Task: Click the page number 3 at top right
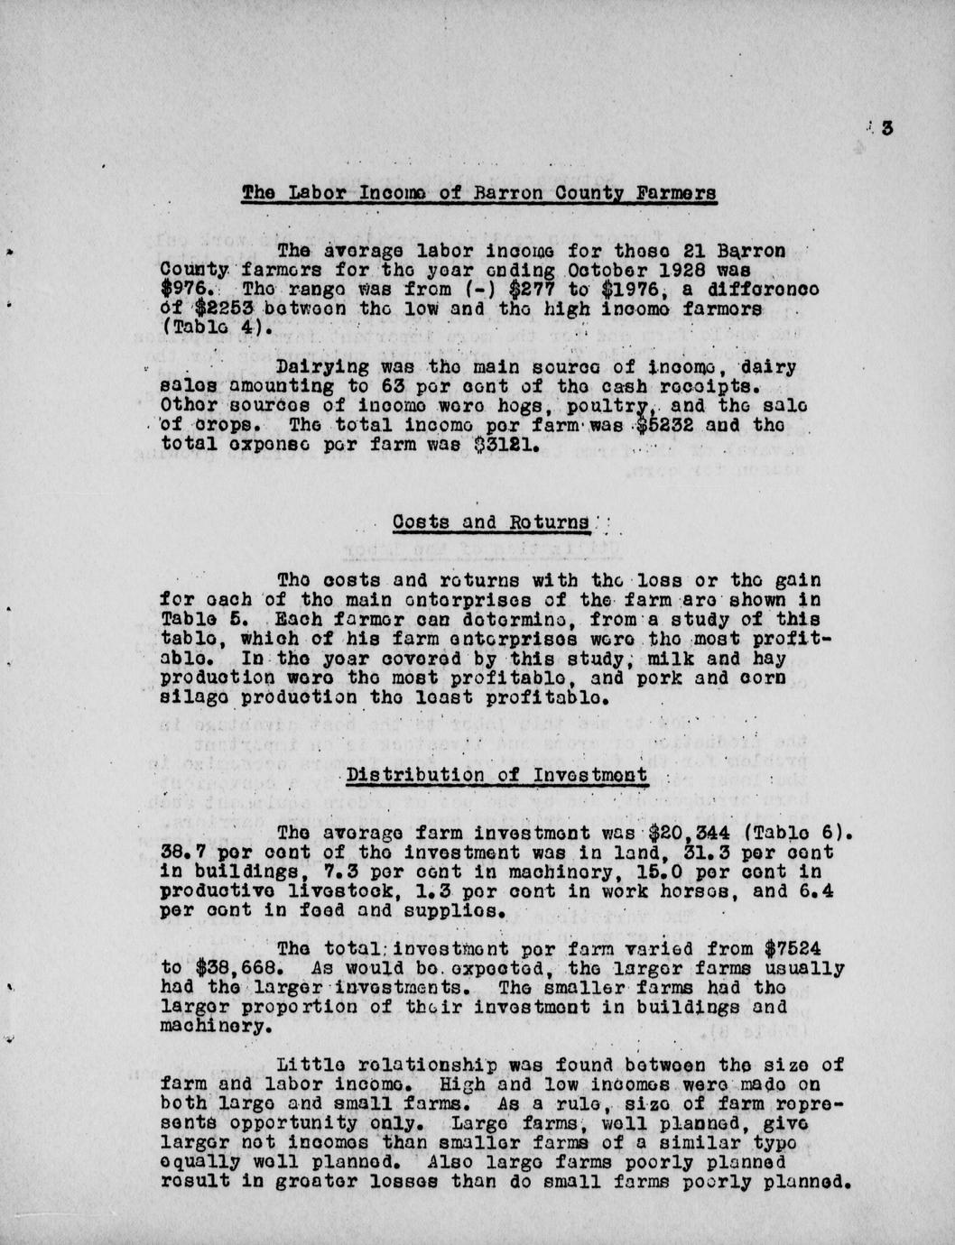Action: [x=887, y=128]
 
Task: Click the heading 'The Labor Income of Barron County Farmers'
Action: [x=479, y=192]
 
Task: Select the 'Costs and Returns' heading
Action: [x=492, y=522]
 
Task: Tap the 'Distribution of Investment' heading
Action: [x=497, y=774]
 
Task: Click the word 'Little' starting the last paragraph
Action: [x=310, y=1065]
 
